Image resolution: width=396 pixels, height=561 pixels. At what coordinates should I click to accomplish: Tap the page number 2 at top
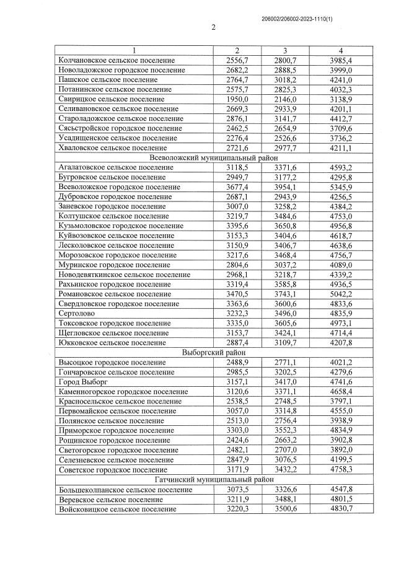coord(213,27)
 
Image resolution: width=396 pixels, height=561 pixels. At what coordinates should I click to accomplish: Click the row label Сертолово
coord(77,313)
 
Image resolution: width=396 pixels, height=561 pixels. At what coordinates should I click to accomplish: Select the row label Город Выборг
coord(81,381)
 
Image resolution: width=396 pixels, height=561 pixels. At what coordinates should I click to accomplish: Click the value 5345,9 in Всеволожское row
coord(341,187)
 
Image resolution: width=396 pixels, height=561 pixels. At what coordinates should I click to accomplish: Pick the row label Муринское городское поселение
coord(113,264)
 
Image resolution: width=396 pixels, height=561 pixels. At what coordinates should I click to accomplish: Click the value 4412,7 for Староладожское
coord(341,118)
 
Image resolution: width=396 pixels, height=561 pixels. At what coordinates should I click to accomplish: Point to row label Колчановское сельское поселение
coord(116,61)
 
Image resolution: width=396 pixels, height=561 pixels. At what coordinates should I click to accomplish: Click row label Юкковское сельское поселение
coord(112,342)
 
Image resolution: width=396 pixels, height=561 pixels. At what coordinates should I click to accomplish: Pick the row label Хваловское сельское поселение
coord(112,148)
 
